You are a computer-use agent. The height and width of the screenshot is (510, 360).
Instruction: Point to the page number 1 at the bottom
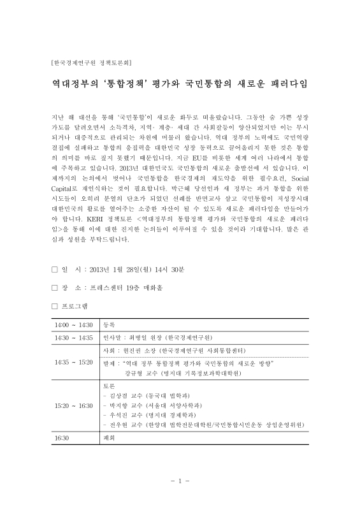(180, 481)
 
